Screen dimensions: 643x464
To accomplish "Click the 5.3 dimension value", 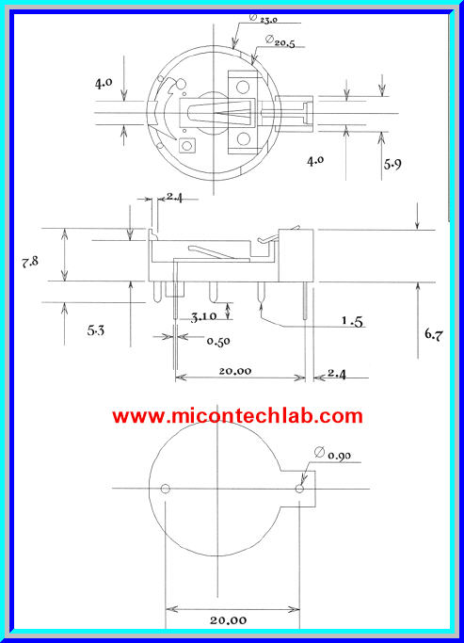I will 97,330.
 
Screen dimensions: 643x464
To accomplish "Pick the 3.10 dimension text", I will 203,316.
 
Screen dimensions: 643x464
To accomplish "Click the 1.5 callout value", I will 352,322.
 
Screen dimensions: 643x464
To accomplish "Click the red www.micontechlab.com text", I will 237,416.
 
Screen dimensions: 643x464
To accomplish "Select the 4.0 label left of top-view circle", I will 104,83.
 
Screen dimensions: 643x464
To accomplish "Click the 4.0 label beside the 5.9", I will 315,160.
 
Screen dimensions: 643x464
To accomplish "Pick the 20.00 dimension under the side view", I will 235,372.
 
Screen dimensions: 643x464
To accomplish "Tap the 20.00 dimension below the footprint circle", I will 230,619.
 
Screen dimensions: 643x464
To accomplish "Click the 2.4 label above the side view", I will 175,197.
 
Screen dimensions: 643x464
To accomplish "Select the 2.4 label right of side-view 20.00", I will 336,374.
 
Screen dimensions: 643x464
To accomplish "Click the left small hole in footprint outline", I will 166,489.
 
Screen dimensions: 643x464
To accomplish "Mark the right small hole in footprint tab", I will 300,490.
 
